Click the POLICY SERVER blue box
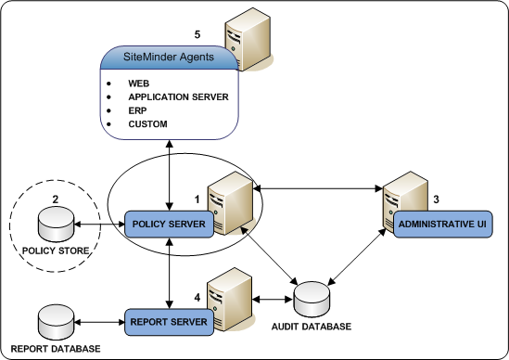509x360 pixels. pos(170,224)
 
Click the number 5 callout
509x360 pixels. pos(197,34)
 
